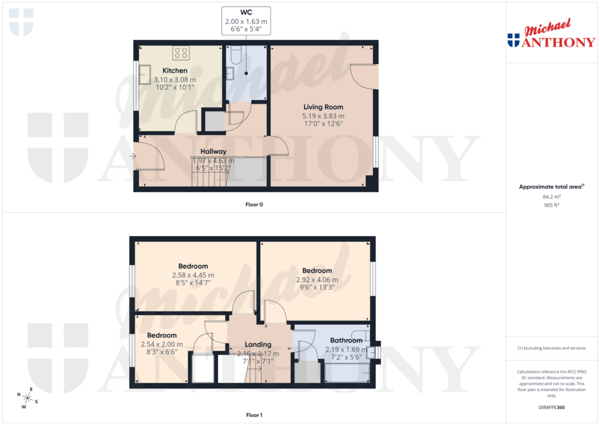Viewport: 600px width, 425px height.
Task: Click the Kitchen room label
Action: coord(175,71)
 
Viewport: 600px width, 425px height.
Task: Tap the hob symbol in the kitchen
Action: coord(181,53)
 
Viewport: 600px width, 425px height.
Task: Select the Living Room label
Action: coord(323,107)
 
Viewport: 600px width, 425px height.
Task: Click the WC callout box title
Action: coord(246,13)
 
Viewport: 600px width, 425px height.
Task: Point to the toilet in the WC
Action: coord(237,56)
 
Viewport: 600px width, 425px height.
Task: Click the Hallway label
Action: coord(213,151)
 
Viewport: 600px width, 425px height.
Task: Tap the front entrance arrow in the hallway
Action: coord(133,156)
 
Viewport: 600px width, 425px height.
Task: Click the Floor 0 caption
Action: coord(254,205)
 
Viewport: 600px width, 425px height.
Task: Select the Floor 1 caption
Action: coord(254,415)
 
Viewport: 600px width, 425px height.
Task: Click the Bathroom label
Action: coord(346,341)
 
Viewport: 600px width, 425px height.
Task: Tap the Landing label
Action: coord(258,345)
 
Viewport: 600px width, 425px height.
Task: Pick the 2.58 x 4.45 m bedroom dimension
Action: coord(193,275)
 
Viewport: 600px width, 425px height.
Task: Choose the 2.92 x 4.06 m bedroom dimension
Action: coord(317,280)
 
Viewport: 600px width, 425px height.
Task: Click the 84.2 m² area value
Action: coord(551,197)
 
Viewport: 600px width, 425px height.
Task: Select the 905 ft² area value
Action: coord(551,206)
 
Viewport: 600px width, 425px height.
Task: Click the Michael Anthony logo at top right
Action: coord(551,35)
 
